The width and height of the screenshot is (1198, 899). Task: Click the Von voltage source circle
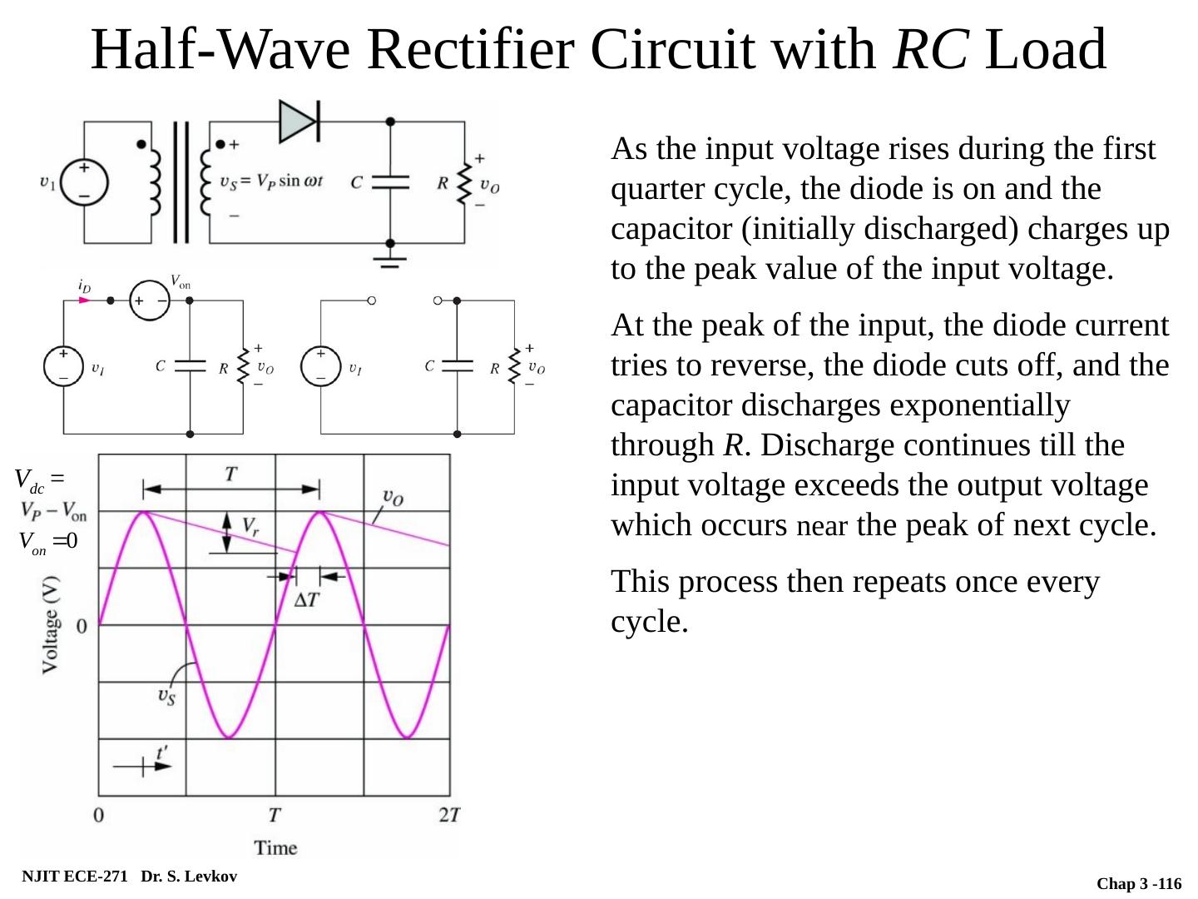[x=151, y=300]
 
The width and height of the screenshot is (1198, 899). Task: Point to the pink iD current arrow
[x=84, y=300]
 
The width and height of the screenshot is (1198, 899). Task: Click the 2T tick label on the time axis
[x=449, y=815]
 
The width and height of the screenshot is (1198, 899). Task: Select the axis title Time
[x=275, y=847]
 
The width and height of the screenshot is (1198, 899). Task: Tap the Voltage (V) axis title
[x=52, y=623]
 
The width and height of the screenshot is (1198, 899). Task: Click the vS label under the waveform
[x=167, y=695]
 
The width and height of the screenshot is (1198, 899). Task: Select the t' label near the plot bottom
[x=163, y=752]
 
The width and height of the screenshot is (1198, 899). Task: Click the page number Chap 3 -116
[x=1139, y=883]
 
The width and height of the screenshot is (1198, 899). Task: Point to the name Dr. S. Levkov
[x=189, y=876]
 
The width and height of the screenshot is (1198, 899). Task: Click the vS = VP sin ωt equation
[x=271, y=182]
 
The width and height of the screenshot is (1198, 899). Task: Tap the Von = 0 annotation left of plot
[x=48, y=542]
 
